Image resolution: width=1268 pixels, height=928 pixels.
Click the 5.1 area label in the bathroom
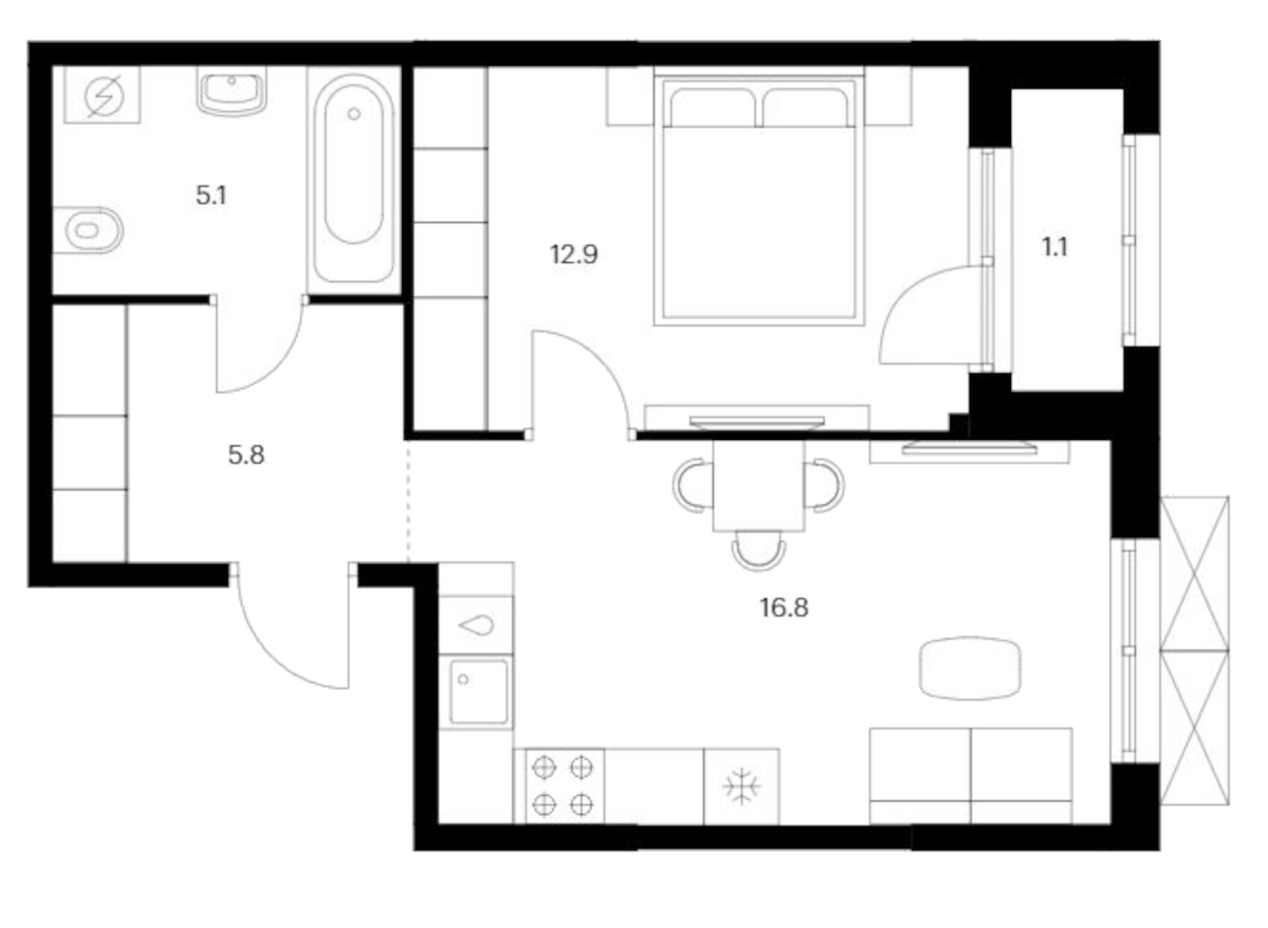pyautogui.click(x=211, y=195)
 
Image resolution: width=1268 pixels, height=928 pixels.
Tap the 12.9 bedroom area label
pyautogui.click(x=573, y=254)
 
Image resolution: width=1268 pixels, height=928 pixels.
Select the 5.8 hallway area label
pyautogui.click(x=246, y=455)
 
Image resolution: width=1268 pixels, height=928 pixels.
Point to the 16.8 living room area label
pyautogui.click(x=783, y=607)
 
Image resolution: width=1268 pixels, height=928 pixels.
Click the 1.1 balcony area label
pyautogui.click(x=1055, y=247)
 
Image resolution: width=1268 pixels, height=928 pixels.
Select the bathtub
pyautogui.click(x=354, y=180)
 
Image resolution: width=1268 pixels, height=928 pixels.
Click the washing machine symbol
pyautogui.click(x=103, y=95)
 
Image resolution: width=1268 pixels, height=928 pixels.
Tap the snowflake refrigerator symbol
pyautogui.click(x=741, y=787)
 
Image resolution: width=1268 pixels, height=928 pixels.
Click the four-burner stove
pyautogui.click(x=563, y=786)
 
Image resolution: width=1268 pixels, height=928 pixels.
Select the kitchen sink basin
pyautogui.click(x=478, y=691)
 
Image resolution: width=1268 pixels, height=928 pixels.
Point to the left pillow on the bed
pyautogui.click(x=711, y=106)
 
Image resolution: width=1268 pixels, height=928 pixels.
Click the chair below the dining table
pyautogui.click(x=758, y=550)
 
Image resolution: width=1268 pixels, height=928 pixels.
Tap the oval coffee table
pyautogui.click(x=970, y=668)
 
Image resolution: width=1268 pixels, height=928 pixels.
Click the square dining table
pyautogui.click(x=758, y=485)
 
